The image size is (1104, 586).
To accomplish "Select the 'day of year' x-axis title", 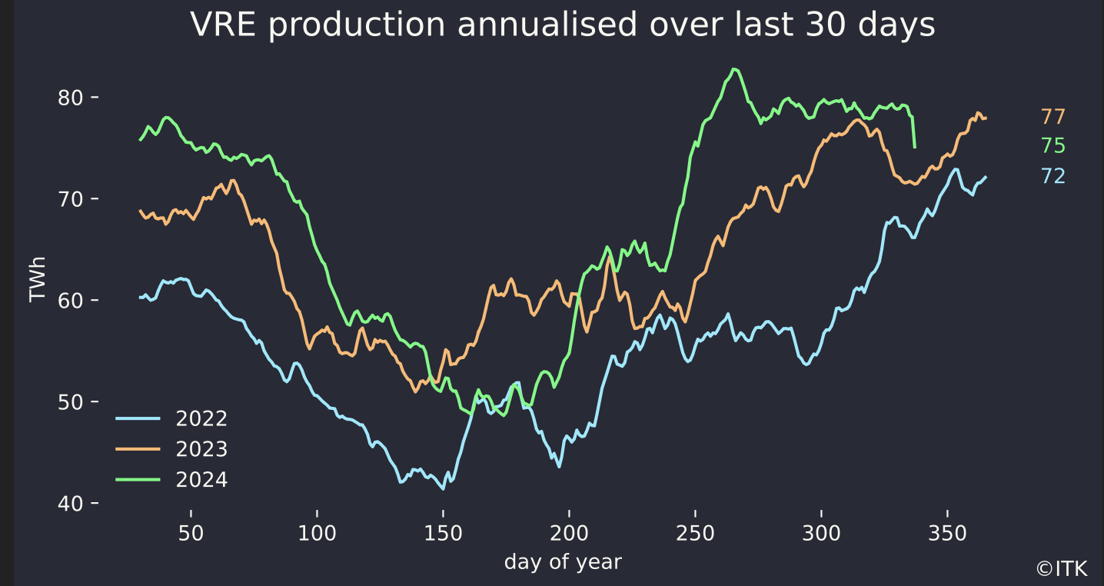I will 563,562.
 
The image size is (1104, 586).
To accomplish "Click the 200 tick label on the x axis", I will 569,533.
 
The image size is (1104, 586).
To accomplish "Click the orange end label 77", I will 1052,117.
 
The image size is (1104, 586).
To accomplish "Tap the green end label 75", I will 1052,146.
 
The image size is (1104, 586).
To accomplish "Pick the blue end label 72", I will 1052,176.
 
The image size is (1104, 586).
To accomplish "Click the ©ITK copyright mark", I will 1062,569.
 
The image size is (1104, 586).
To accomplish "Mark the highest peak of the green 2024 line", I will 734,69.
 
